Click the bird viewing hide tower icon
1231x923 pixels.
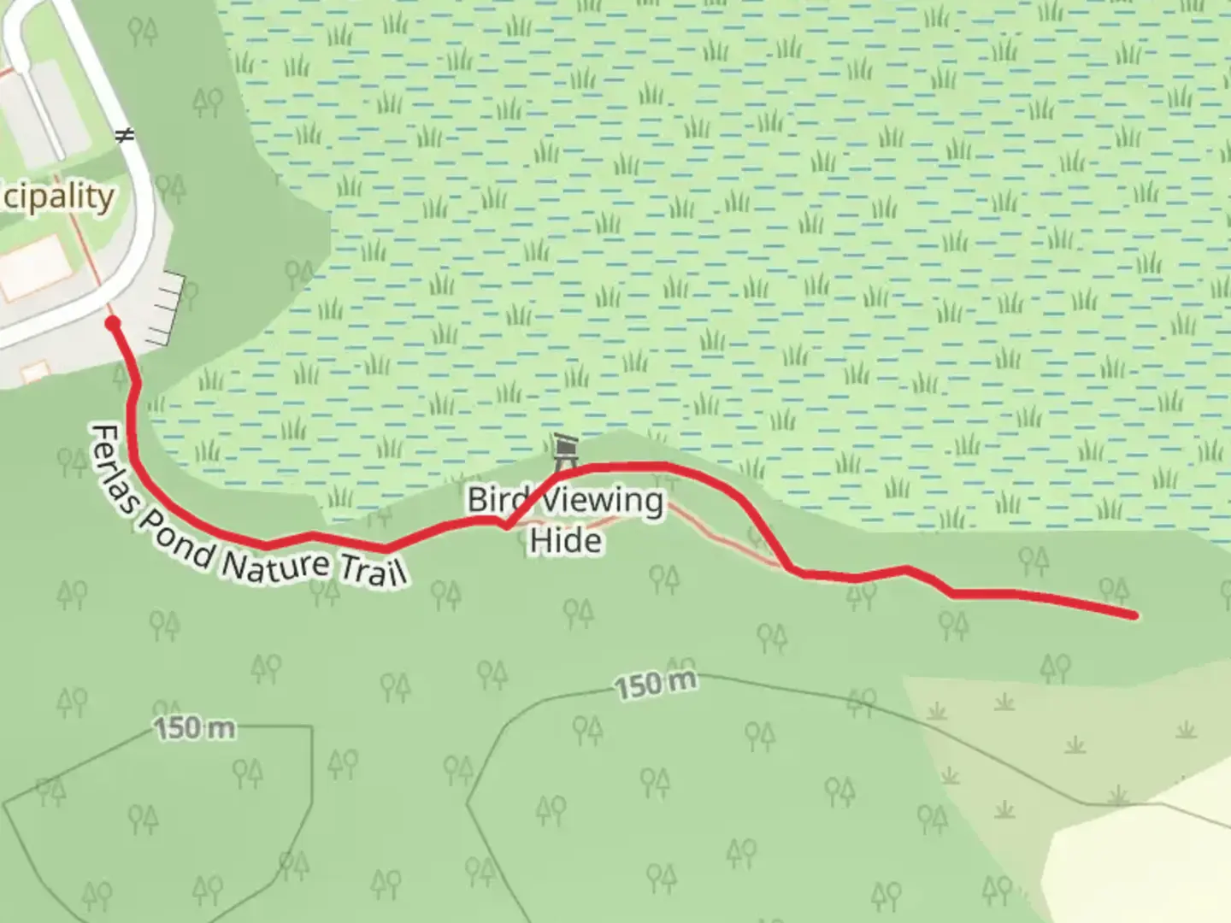click(x=565, y=450)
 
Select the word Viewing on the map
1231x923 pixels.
click(x=603, y=502)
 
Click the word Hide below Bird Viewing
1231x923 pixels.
click(x=565, y=541)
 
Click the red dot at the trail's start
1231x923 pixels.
click(x=112, y=323)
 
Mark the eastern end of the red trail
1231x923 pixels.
click(x=1134, y=614)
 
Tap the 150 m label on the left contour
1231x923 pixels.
click(x=194, y=729)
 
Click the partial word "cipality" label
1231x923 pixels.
click(x=57, y=197)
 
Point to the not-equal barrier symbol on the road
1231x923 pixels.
click(x=126, y=135)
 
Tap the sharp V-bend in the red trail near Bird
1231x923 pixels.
click(x=507, y=526)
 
